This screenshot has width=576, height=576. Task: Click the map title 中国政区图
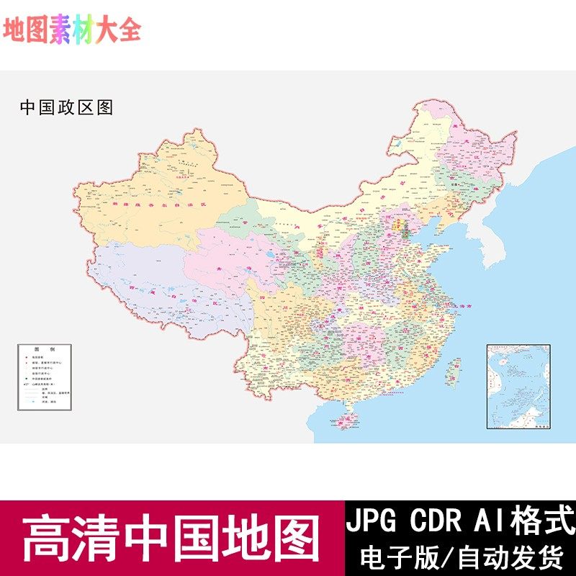[66, 108]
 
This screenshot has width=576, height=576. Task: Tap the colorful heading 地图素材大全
[72, 30]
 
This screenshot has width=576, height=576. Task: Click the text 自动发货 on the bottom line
[512, 557]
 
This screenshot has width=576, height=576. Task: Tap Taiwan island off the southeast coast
[454, 371]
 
